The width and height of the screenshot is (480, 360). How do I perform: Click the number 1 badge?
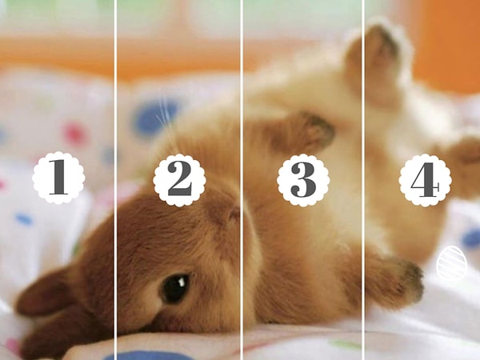[x=58, y=178]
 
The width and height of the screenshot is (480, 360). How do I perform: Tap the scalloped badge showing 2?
[x=179, y=180]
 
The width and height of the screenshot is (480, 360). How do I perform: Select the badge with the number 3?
[x=303, y=180]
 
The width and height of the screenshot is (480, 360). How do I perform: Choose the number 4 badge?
[x=425, y=180]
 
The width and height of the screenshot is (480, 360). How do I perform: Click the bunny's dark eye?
[x=174, y=288]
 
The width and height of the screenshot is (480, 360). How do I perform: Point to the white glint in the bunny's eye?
[x=182, y=281]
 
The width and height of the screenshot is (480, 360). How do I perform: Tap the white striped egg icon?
[x=452, y=263]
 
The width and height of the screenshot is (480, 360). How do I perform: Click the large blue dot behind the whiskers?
[x=156, y=118]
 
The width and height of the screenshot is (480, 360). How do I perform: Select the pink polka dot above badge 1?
[x=74, y=134]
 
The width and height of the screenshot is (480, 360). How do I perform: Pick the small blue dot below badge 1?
[x=24, y=219]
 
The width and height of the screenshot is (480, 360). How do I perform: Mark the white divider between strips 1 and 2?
[x=115, y=180]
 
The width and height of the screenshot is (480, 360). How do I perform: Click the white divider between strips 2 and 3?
[x=242, y=180]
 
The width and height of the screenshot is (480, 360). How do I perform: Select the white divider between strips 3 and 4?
[x=363, y=180]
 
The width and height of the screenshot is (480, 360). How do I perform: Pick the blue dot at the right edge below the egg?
[x=471, y=238]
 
